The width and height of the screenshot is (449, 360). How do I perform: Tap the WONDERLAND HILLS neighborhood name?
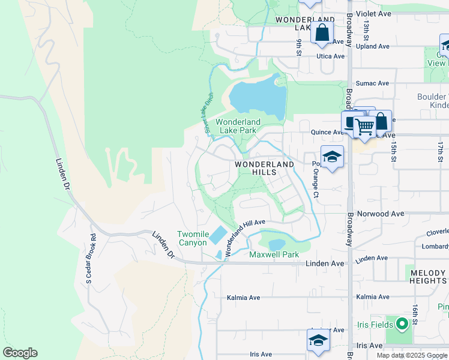[x=264, y=168]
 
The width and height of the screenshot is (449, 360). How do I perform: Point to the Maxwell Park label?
[x=274, y=254]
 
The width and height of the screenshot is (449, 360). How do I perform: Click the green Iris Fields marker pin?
[x=401, y=323]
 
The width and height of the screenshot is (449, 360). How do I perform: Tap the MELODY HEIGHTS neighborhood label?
[x=428, y=277]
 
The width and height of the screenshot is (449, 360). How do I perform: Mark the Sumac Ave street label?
[x=372, y=83]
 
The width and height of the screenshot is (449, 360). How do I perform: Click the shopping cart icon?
[x=364, y=127]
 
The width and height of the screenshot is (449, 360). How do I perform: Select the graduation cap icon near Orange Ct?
[x=332, y=157]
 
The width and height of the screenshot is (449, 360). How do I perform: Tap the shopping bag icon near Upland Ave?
[x=322, y=32]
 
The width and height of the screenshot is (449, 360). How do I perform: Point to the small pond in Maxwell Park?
[x=277, y=244]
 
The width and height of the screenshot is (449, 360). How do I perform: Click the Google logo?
[x=20, y=353]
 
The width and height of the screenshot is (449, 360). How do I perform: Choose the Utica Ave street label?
[x=331, y=56]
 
